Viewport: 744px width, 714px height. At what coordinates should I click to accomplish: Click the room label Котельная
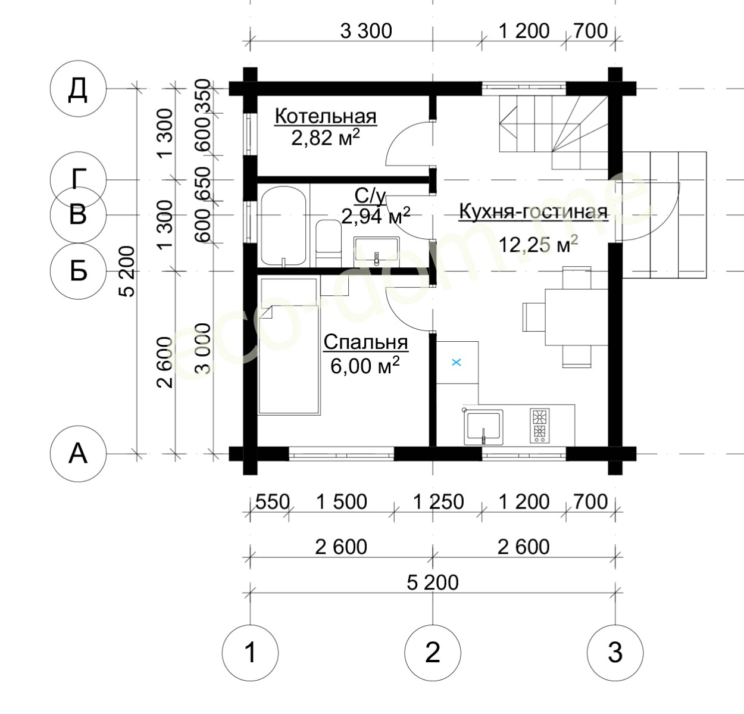pyautogui.click(x=326, y=116)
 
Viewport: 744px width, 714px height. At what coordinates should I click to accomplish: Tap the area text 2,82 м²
pyautogui.click(x=326, y=138)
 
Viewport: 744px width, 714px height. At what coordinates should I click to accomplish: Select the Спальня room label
pyautogui.click(x=366, y=342)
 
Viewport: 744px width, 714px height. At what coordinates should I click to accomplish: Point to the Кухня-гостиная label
pyautogui.click(x=533, y=212)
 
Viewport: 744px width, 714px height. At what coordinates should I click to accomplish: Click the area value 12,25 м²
pyautogui.click(x=538, y=244)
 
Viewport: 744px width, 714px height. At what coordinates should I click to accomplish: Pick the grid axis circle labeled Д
pyautogui.click(x=78, y=88)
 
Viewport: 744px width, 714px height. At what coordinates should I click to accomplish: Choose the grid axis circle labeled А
pyautogui.click(x=78, y=454)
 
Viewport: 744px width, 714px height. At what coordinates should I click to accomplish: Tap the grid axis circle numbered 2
pyautogui.click(x=432, y=653)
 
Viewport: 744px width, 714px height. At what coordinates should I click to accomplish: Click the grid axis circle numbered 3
pyautogui.click(x=615, y=653)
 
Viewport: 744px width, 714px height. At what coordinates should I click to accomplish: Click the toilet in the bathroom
pyautogui.click(x=329, y=243)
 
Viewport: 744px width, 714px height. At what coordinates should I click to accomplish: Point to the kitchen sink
pyautogui.click(x=484, y=428)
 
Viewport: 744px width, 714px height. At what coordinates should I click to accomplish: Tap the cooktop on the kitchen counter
pyautogui.click(x=539, y=426)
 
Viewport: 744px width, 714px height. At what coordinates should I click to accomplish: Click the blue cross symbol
pyautogui.click(x=457, y=362)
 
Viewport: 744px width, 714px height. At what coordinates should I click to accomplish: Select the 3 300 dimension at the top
pyautogui.click(x=366, y=32)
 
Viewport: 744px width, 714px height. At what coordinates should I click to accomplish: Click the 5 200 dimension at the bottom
pyautogui.click(x=432, y=583)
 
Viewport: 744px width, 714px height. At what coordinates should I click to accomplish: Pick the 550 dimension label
pyautogui.click(x=272, y=502)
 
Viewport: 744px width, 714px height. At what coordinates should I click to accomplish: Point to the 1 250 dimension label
pyautogui.click(x=439, y=502)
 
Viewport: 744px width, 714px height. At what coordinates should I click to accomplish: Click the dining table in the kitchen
pyautogui.click(x=576, y=317)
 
